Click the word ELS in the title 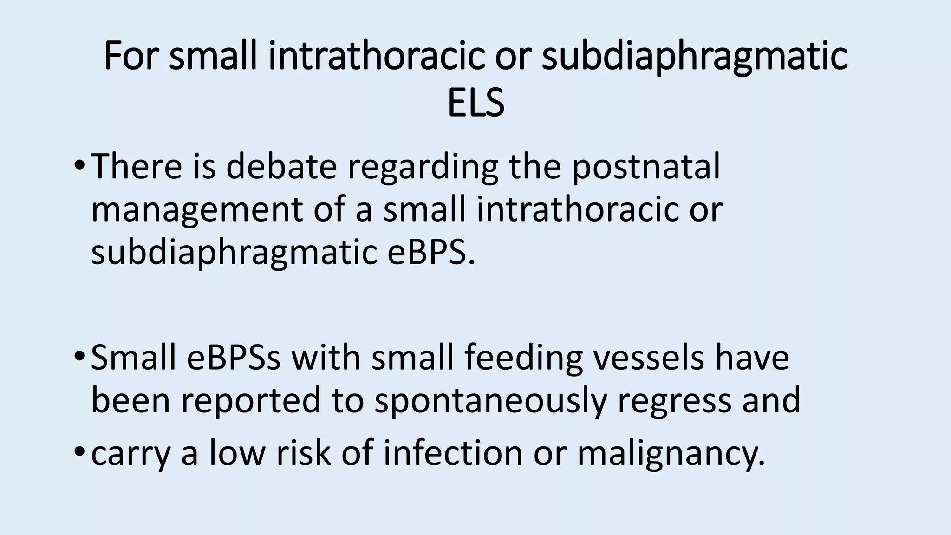[x=475, y=103]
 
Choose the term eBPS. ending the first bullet [x=431, y=253]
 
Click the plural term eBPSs [x=234, y=358]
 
